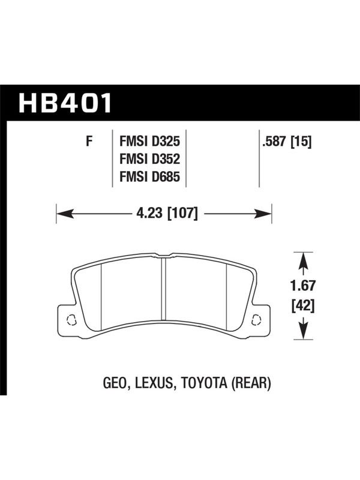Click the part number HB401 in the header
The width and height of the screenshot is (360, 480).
(65, 103)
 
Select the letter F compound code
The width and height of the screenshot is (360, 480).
(89, 141)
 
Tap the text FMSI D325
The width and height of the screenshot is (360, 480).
(149, 142)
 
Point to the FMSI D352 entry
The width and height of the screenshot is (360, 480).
(149, 159)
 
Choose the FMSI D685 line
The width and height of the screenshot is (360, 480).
(149, 177)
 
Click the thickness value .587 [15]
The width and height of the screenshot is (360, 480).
(287, 142)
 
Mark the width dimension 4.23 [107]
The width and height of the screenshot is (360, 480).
(167, 213)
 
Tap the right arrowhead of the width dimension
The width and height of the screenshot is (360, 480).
(263, 214)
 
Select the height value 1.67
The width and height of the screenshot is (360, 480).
(303, 286)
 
